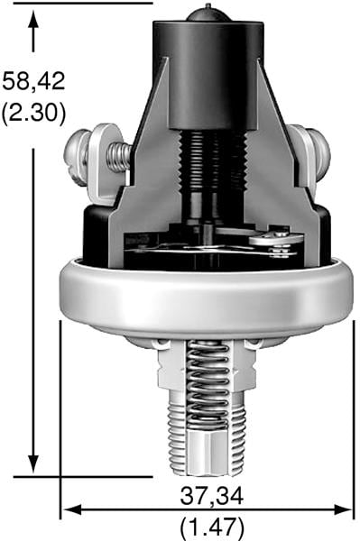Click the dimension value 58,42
pyautogui.click(x=33, y=80)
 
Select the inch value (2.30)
pyautogui.click(x=33, y=115)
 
